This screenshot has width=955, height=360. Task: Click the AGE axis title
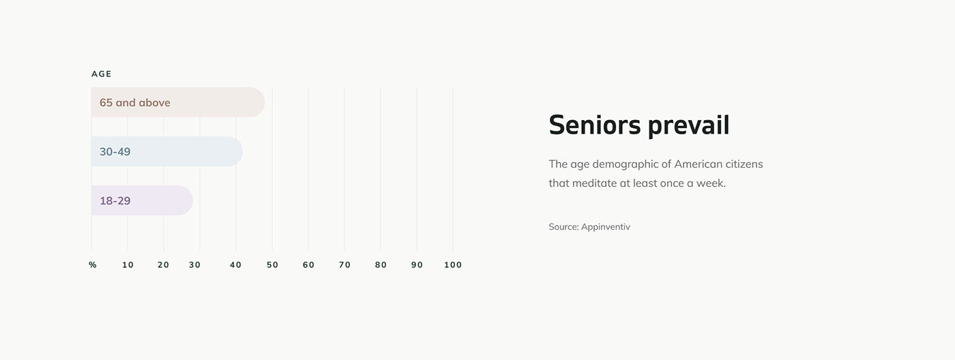point(101,74)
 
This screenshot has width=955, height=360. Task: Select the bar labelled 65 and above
point(178,102)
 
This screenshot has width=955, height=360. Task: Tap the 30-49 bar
point(166,151)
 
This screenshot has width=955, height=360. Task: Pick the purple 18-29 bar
point(142,200)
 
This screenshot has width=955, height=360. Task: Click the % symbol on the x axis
point(93,265)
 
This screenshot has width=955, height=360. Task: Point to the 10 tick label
point(128,265)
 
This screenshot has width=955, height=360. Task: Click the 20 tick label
point(163,265)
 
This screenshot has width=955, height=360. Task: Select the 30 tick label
point(194,265)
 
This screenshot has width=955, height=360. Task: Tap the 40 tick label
point(235,265)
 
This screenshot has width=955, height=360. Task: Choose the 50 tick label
point(272,265)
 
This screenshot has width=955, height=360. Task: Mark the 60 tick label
point(308,265)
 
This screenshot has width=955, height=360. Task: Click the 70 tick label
point(344,265)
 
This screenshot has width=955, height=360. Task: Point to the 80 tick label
point(381,265)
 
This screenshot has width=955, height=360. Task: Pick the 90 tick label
point(417,265)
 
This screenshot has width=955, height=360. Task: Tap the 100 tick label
point(453,265)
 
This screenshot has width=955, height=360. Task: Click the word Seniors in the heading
point(595,125)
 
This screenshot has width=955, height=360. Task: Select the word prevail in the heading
point(688,126)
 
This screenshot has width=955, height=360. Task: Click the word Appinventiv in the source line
point(606,226)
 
